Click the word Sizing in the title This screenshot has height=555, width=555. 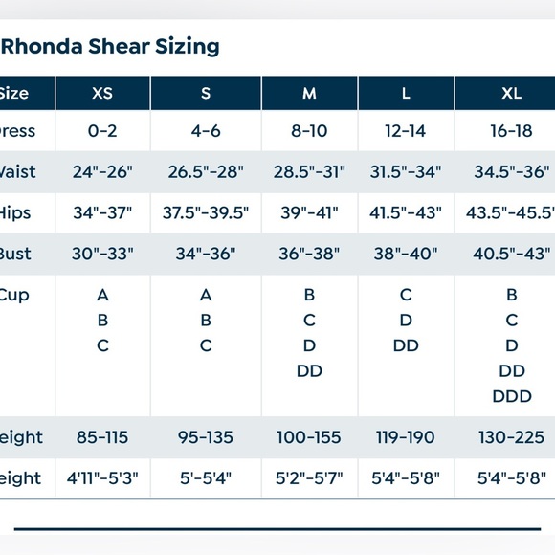(x=189, y=46)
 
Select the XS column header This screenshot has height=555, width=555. (x=102, y=93)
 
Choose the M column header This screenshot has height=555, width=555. (x=309, y=93)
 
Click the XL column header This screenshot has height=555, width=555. (x=512, y=93)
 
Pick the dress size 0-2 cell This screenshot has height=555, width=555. (x=102, y=131)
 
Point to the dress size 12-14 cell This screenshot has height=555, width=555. (x=406, y=131)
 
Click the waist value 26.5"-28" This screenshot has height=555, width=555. (x=206, y=172)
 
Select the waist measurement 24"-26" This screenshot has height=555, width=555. (x=102, y=172)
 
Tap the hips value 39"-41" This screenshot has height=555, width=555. (x=309, y=213)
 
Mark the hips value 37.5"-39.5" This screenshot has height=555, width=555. (x=206, y=213)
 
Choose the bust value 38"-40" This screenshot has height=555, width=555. (x=406, y=255)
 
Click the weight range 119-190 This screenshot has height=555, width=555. (x=406, y=437)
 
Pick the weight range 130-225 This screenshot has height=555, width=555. (x=512, y=437)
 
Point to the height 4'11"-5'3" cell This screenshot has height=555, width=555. (x=102, y=477)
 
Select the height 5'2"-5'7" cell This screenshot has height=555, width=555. (x=309, y=477)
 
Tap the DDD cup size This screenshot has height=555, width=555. (x=512, y=396)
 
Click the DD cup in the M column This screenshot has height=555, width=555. (x=309, y=371)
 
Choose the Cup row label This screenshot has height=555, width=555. (x=15, y=296)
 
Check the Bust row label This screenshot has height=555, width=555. (x=15, y=255)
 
